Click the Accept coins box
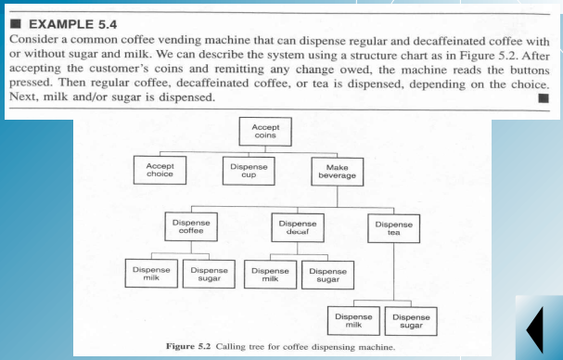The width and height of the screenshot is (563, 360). tap(265, 130)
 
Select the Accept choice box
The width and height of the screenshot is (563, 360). tap(160, 170)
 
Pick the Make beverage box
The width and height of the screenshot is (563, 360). tap(331, 170)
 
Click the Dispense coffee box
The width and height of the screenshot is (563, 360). tap(191, 228)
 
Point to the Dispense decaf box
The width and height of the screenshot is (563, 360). tap(297, 228)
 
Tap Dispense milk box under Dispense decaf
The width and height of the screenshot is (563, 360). tap(270, 275)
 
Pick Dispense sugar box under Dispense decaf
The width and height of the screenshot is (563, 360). tap(326, 275)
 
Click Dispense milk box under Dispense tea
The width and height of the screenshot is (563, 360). tap(353, 321)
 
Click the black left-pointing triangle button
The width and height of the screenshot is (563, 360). tap(535, 330)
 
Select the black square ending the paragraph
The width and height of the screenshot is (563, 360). tap(543, 96)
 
